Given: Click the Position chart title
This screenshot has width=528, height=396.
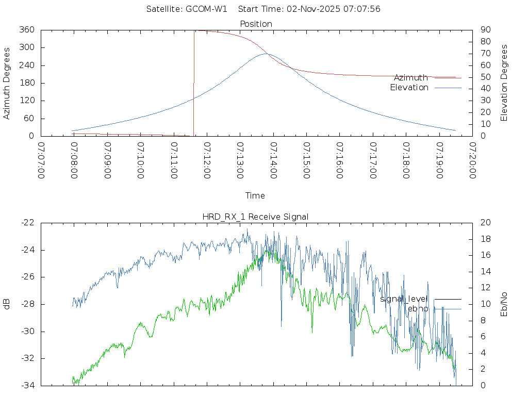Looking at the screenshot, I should click(x=256, y=24).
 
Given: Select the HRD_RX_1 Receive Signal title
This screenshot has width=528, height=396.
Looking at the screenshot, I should click(x=255, y=217).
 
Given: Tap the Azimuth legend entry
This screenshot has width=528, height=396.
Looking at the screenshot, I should click(x=410, y=77).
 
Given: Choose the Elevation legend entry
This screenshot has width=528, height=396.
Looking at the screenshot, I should click(x=409, y=88).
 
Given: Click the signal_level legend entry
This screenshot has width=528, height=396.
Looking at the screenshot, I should click(x=404, y=299).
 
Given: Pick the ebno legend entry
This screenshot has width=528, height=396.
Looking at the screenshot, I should click(x=418, y=308).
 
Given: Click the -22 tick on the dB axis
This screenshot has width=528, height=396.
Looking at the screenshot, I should click(x=27, y=223).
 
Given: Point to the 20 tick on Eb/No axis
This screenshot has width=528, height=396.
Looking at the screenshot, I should click(x=485, y=223).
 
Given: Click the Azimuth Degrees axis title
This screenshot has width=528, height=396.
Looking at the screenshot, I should click(x=7, y=83).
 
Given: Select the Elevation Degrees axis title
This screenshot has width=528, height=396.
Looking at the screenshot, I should click(x=504, y=82).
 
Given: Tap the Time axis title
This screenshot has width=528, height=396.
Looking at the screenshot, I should click(x=255, y=195).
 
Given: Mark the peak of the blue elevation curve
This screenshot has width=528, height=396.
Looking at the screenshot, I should click(x=266, y=54).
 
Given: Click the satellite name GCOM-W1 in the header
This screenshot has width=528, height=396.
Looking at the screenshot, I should click(x=206, y=9).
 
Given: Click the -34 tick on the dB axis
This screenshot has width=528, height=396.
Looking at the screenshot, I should click(x=27, y=385).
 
